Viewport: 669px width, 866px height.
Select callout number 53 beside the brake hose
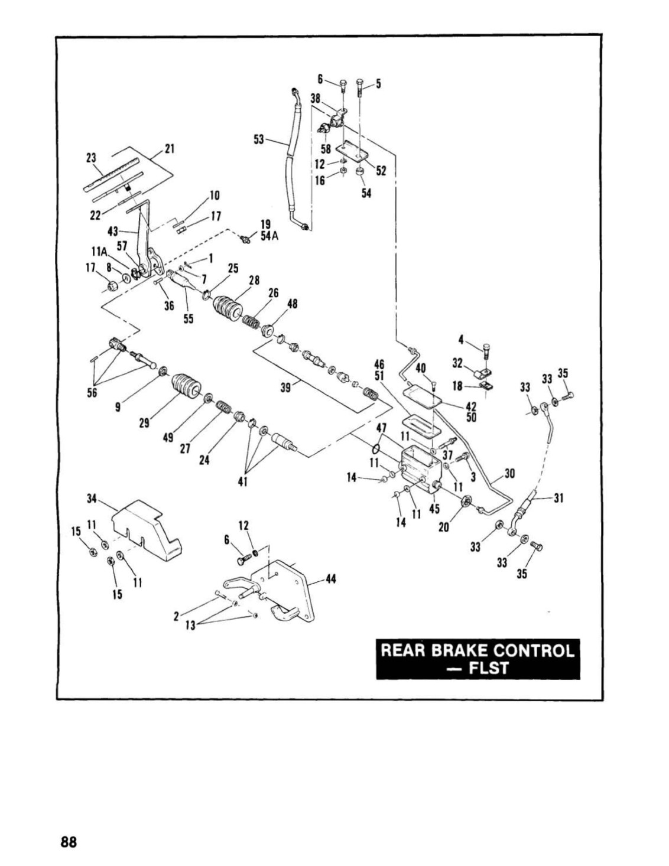point(259,140)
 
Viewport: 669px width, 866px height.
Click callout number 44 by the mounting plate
point(330,580)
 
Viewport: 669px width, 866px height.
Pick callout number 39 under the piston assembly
point(286,387)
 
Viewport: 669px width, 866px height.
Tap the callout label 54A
point(270,236)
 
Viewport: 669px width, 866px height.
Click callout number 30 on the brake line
point(509,473)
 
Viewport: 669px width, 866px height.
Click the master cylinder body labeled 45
point(420,470)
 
